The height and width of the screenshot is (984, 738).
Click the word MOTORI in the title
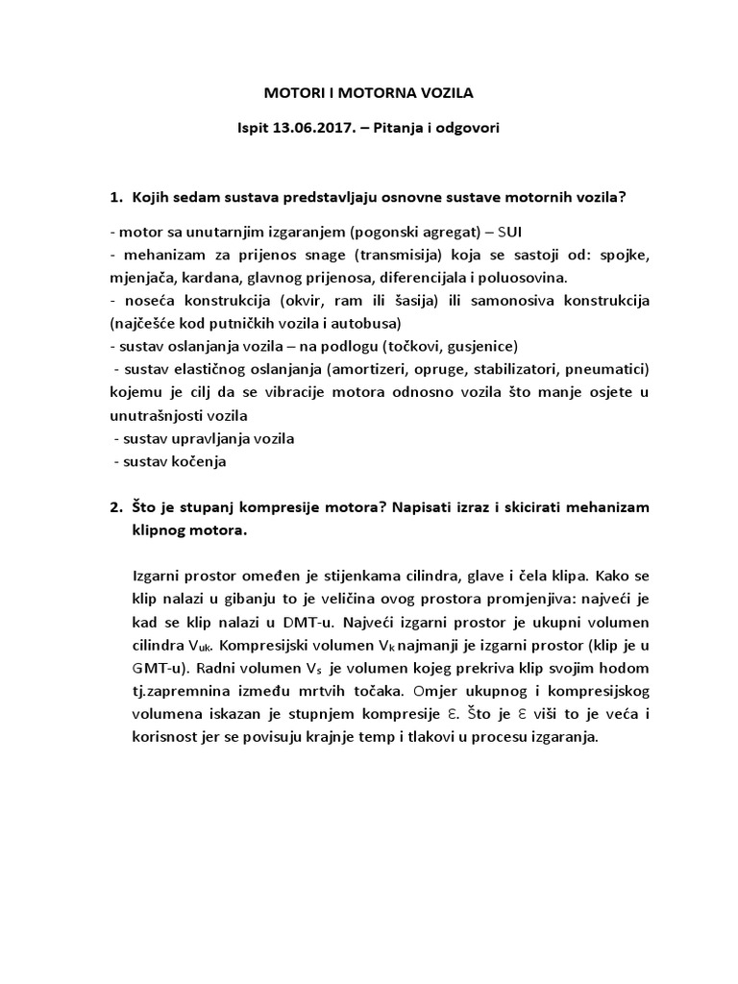(x=293, y=94)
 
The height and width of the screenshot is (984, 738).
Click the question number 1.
(x=115, y=198)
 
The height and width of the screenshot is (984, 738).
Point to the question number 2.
(x=115, y=505)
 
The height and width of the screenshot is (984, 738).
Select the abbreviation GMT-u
(x=158, y=669)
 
